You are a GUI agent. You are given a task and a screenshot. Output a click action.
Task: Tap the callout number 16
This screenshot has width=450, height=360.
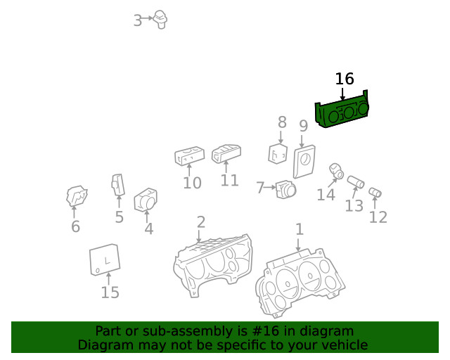pyautogui.click(x=345, y=79)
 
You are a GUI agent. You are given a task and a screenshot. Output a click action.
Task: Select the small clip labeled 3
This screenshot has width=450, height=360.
pyautogui.click(x=160, y=20)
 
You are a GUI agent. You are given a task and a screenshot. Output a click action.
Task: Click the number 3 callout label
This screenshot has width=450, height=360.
pyautogui.click(x=138, y=20)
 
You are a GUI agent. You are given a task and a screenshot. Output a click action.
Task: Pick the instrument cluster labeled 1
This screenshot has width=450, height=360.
pyautogui.click(x=300, y=283)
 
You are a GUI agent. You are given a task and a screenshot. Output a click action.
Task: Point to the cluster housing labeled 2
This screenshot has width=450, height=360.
pyautogui.click(x=213, y=264)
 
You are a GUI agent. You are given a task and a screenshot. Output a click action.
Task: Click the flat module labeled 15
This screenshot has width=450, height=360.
pyautogui.click(x=105, y=259)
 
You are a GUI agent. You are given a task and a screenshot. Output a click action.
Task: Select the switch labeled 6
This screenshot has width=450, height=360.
pyautogui.click(x=77, y=196)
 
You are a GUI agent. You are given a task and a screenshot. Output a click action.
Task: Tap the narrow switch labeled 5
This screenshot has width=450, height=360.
pyautogui.click(x=118, y=185)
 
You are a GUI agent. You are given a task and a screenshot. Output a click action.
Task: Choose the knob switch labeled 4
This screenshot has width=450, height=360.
pyautogui.click(x=146, y=200)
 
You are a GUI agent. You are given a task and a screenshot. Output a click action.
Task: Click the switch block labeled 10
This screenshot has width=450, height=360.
pyautogui.click(x=189, y=156)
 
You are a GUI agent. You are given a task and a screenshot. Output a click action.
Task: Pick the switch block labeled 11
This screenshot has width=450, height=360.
pyautogui.click(x=226, y=153)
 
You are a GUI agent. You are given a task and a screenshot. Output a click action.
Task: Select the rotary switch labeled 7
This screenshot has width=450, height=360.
pyautogui.click(x=285, y=189)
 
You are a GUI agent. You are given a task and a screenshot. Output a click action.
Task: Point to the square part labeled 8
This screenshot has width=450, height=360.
pyautogui.click(x=278, y=153)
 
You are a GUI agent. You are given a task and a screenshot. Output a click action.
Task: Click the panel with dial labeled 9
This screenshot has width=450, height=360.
pyautogui.click(x=304, y=161)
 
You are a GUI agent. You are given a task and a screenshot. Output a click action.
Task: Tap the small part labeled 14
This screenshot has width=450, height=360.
pyautogui.click(x=336, y=171)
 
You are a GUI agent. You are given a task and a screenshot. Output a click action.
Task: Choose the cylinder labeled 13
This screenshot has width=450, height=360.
pyautogui.click(x=356, y=182)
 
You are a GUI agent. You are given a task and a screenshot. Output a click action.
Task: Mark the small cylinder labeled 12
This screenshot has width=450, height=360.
pyautogui.click(x=375, y=193)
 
